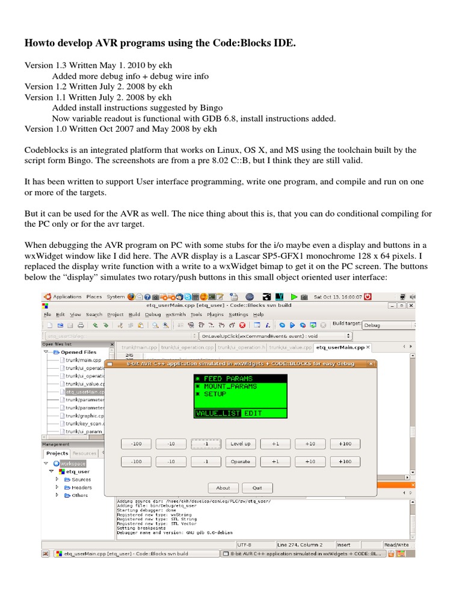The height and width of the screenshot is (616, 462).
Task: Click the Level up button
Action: [x=240, y=444]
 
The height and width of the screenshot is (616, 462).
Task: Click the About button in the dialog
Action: [x=223, y=488]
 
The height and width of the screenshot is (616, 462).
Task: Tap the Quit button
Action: [x=257, y=488]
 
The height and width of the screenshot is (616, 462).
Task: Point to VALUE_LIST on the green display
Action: [x=218, y=413]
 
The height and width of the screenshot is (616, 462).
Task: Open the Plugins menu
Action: [x=215, y=314]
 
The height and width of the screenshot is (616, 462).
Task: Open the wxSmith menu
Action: [x=176, y=314]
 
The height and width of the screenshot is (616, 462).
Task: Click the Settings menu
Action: [x=238, y=314]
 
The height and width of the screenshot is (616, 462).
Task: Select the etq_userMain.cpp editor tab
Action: [x=391, y=347]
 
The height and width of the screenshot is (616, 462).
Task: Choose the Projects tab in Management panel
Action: [x=57, y=453]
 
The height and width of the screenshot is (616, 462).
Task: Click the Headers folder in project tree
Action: [x=82, y=487]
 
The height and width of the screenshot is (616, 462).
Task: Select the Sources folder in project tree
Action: [x=81, y=479]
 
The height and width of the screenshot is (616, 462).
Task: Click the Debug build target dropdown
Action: [x=387, y=325]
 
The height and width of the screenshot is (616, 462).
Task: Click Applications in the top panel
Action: [x=67, y=297]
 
